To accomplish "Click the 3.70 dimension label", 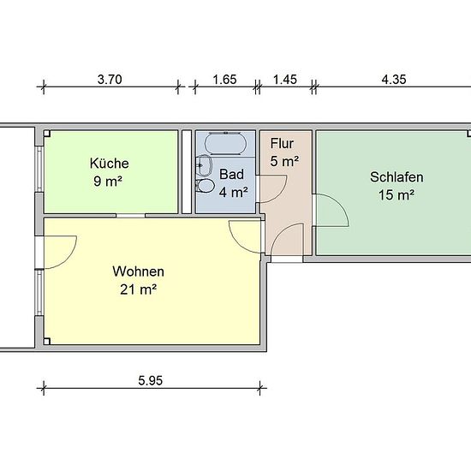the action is [x=110, y=80].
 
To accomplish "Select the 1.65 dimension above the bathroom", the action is [x=224, y=80].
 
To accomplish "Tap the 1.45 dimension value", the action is [x=285, y=80].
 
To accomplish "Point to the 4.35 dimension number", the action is [x=394, y=80].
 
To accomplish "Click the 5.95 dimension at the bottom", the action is [x=151, y=380].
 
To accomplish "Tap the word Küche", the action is [x=110, y=164].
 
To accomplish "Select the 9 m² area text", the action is [x=108, y=182].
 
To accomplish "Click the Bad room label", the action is [x=231, y=174].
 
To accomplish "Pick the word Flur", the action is [x=282, y=144].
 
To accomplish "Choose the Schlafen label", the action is [x=396, y=177].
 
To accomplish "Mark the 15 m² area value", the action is [x=396, y=195].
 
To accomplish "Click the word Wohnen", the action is [x=138, y=271].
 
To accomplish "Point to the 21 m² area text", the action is [x=138, y=289].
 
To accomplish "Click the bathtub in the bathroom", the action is [x=225, y=143].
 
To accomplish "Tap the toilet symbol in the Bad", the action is [x=205, y=186].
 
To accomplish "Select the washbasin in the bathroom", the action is [x=204, y=166].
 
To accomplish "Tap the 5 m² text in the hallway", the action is [x=284, y=162].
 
